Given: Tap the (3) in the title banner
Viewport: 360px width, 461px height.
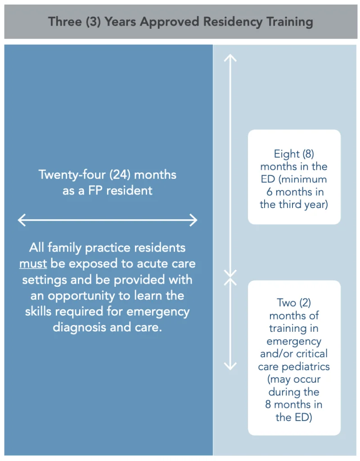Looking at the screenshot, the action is pyautogui.click(x=94, y=22).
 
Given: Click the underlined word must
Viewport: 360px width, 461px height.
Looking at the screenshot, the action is pyautogui.click(x=33, y=264).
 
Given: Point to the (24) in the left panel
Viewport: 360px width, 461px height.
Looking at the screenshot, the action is pyautogui.click(x=120, y=175).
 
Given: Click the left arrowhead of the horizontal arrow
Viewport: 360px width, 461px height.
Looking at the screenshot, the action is pyautogui.click(x=22, y=220).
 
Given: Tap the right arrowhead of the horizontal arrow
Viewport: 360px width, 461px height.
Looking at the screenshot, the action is pyautogui.click(x=193, y=220).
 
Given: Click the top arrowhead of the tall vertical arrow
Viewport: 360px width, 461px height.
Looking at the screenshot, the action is pyautogui.click(x=230, y=58).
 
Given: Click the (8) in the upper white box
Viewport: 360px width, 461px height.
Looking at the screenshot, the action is pyautogui.click(x=308, y=154).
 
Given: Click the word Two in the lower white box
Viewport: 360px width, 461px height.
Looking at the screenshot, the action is pyautogui.click(x=287, y=303).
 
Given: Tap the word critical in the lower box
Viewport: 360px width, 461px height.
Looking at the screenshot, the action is pyautogui.click(x=312, y=354).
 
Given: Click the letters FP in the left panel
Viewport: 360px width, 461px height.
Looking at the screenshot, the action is pyautogui.click(x=95, y=190).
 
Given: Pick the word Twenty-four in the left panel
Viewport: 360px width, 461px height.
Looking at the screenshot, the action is pyautogui.click(x=72, y=175).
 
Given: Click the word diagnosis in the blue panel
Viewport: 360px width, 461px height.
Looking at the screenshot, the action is pyautogui.click(x=79, y=327).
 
